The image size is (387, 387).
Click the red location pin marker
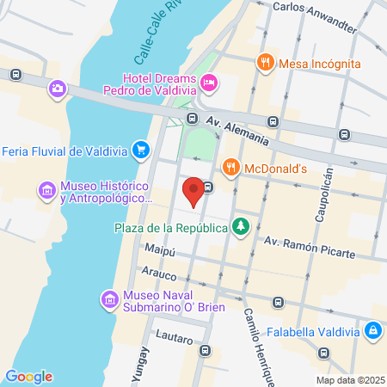pyautogui.click(x=195, y=191)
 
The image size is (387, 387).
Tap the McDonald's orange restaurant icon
pyautogui.click(x=230, y=168)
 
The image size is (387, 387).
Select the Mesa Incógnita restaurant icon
pyautogui.click(x=264, y=63)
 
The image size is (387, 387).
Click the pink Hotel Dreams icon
pyautogui.click(x=210, y=83)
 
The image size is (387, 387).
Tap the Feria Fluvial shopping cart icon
pyautogui.click(x=140, y=151)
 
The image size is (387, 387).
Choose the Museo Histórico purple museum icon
pyautogui.click(x=46, y=189)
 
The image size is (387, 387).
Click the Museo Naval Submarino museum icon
pyautogui.click(x=109, y=299)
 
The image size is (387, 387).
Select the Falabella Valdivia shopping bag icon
pyautogui.click(x=373, y=329)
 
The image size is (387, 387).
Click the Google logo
pyautogui.click(x=28, y=376)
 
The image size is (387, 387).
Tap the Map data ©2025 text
pyautogui.click(x=349, y=380)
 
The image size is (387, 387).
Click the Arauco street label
pyautogui.click(x=159, y=276)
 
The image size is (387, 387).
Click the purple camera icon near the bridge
pyautogui.click(x=58, y=88)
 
